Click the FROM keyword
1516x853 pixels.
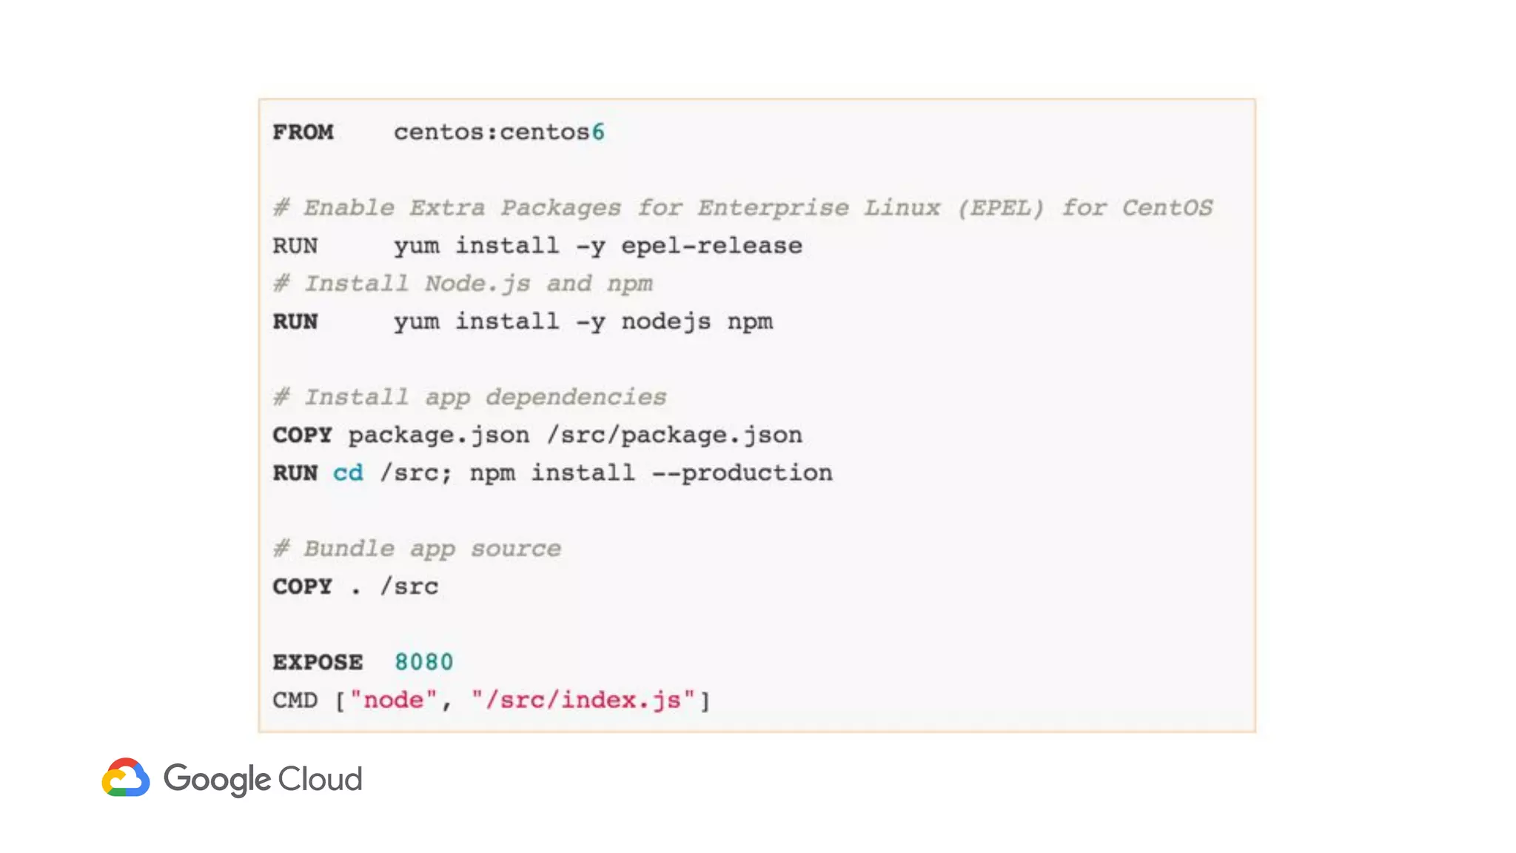pos(303,133)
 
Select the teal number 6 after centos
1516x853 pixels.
pos(598,133)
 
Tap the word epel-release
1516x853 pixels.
pos(711,246)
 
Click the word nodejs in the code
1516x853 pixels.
pos(665,321)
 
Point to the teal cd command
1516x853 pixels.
pos(348,473)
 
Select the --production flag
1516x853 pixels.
pos(742,473)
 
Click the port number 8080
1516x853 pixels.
pos(423,662)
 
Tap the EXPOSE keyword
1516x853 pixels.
pos(318,662)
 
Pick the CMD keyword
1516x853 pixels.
pos(295,700)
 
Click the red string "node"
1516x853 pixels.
pos(393,700)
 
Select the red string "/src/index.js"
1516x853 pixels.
pos(583,700)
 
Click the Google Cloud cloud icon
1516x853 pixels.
pos(126,777)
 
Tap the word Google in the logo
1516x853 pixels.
pos(217,780)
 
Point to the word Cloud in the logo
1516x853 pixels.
pos(320,779)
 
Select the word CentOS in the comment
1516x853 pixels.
pos(1167,208)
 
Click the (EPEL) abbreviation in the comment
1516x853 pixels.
pos(1000,208)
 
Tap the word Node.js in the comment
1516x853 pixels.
pos(477,284)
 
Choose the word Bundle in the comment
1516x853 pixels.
pos(349,549)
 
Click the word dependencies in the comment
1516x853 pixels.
pos(576,398)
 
